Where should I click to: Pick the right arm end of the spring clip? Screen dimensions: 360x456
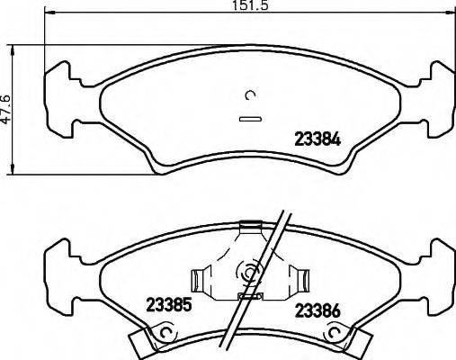pos(303,278)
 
